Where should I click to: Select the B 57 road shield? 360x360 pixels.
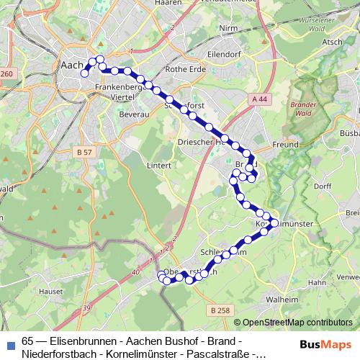click(83, 153)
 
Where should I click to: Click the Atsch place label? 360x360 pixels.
click(333, 42)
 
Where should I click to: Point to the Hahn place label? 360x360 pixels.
click(316, 284)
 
